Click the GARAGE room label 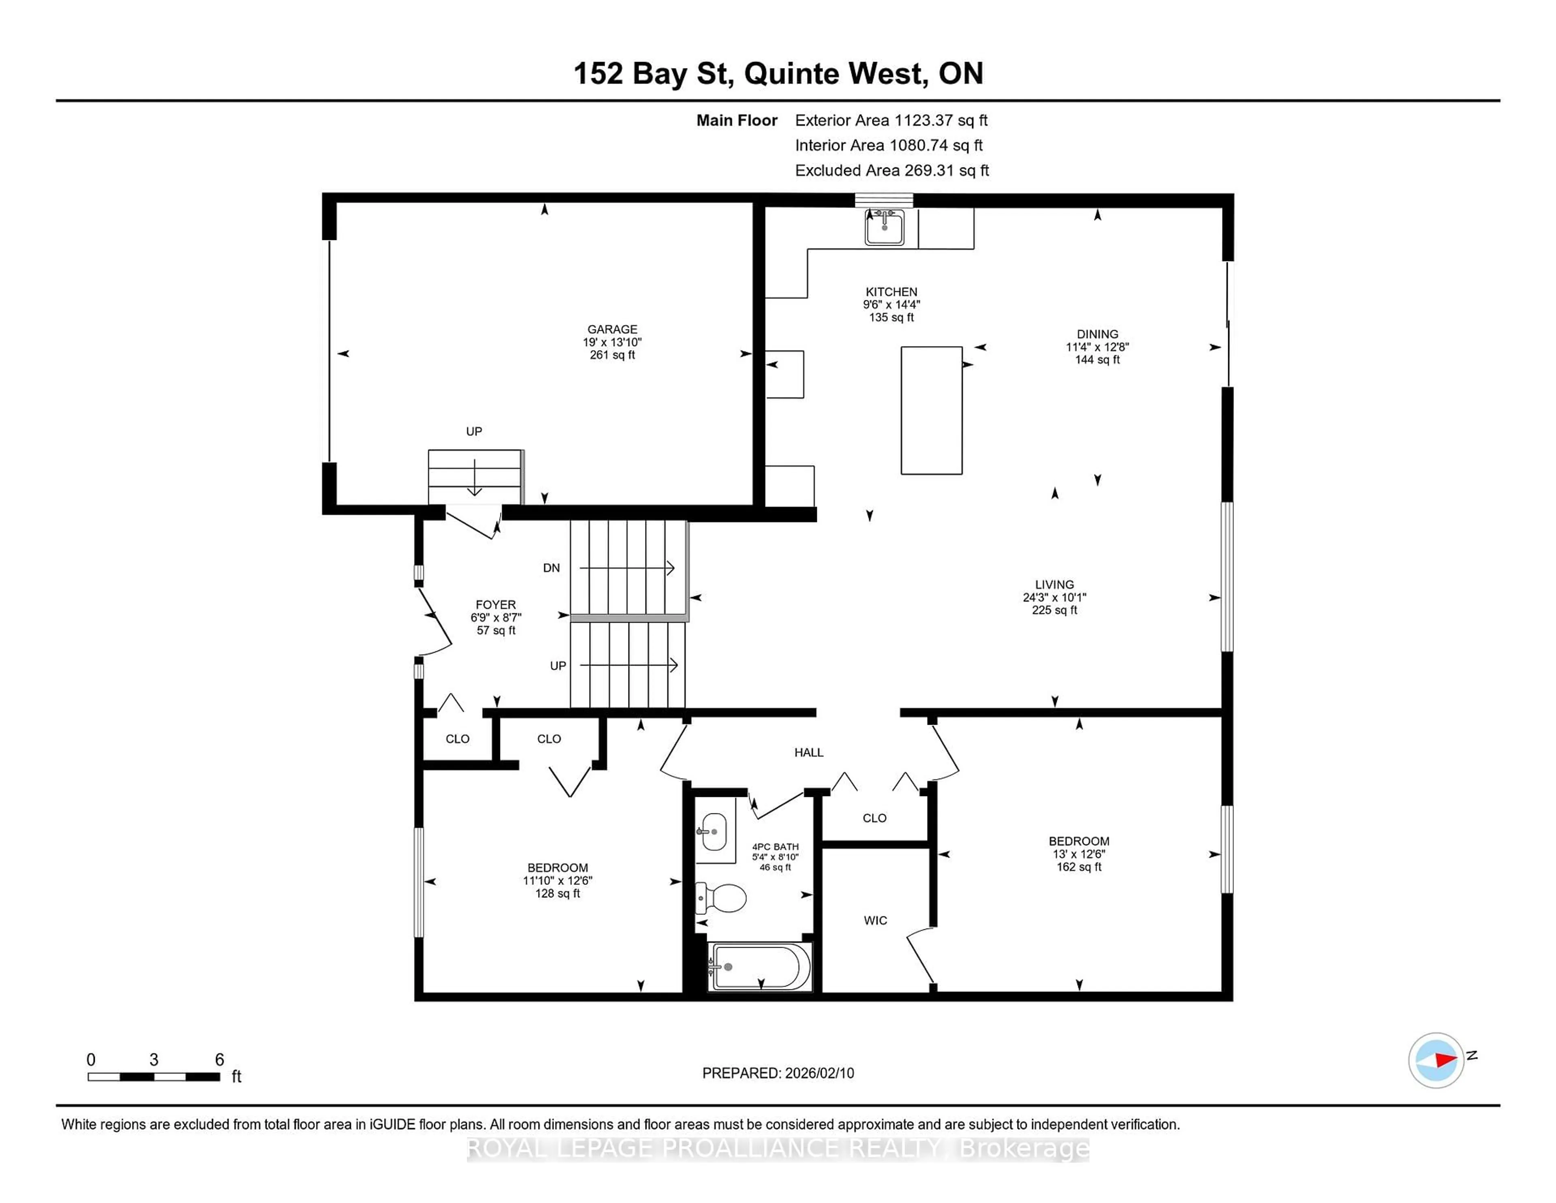pyautogui.click(x=612, y=329)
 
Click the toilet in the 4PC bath pyautogui.click(x=721, y=898)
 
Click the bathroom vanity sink pyautogui.click(x=713, y=832)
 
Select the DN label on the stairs pyautogui.click(x=551, y=568)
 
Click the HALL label pyautogui.click(x=809, y=753)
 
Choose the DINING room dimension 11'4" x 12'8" pyautogui.click(x=1097, y=347)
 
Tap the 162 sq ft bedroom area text pyautogui.click(x=1079, y=867)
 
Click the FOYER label pyautogui.click(x=496, y=604)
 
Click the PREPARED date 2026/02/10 pyautogui.click(x=778, y=1072)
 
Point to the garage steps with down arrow pyautogui.click(x=474, y=476)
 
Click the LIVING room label pyautogui.click(x=1054, y=584)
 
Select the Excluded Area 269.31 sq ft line pyautogui.click(x=891, y=170)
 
